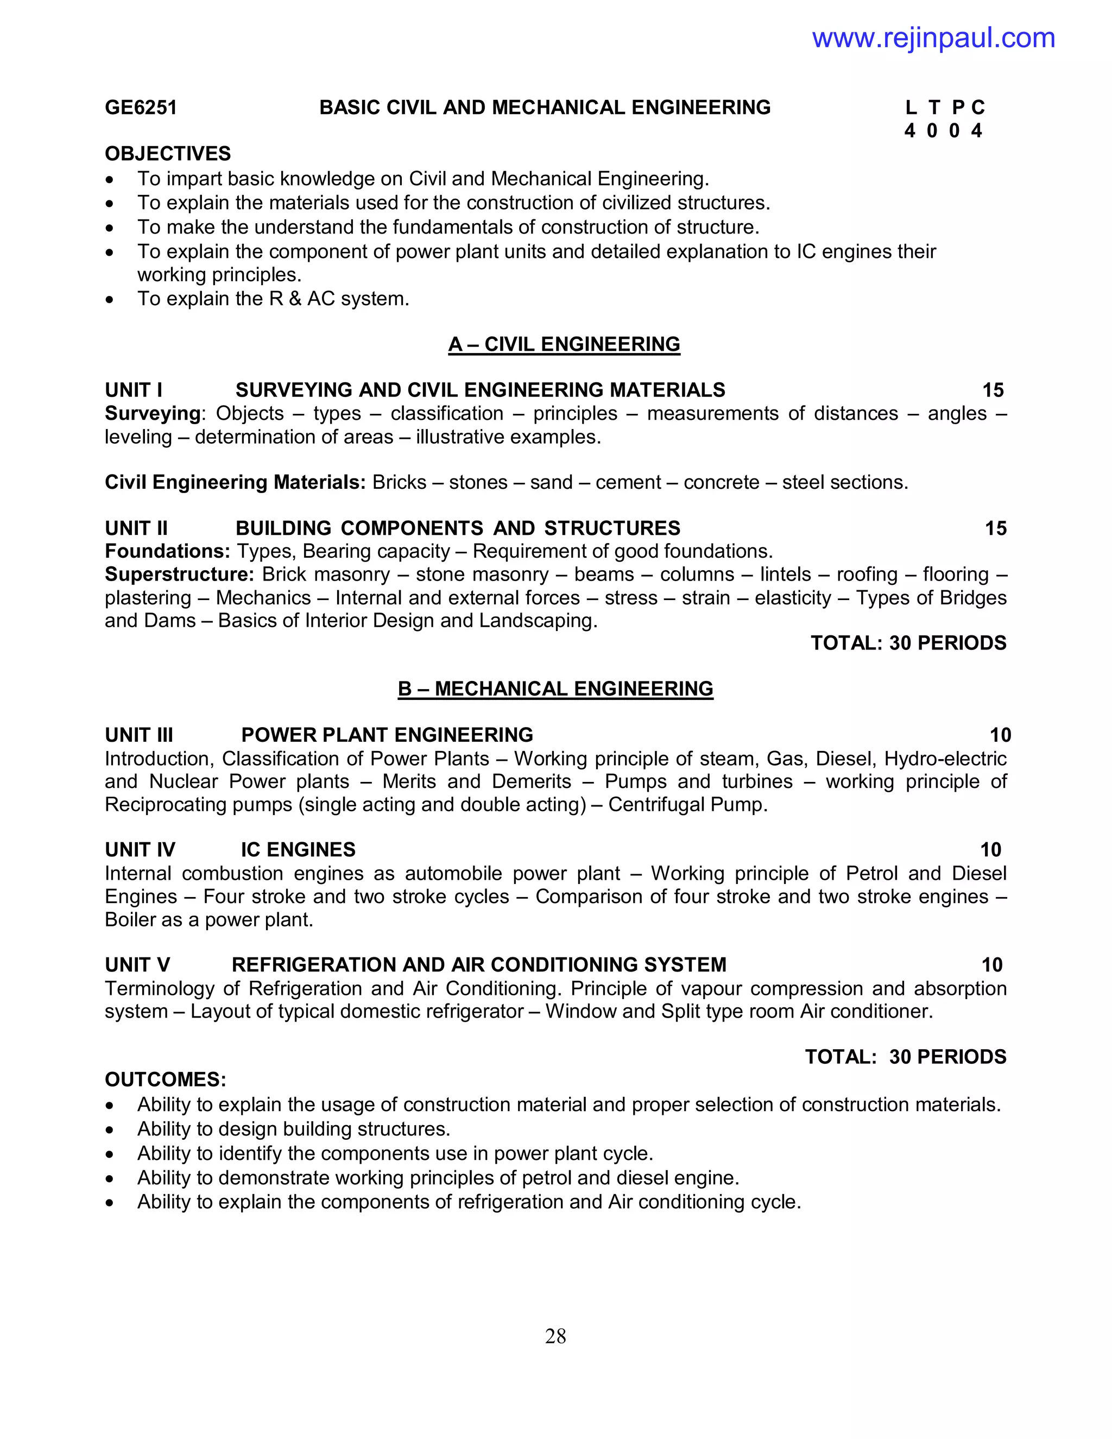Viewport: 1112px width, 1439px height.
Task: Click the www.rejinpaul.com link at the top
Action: pos(933,38)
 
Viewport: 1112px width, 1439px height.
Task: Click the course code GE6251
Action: pos(141,108)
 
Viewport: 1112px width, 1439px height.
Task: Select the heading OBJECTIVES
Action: pos(167,154)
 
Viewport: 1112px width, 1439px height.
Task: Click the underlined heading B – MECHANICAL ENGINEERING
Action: pos(555,689)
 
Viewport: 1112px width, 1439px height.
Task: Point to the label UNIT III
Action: pos(139,735)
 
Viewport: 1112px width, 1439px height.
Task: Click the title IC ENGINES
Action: pos(298,849)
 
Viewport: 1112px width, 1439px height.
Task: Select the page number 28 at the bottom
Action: pos(555,1336)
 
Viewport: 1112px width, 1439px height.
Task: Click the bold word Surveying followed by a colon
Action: pos(153,413)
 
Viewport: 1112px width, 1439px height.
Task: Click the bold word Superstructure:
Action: pos(179,574)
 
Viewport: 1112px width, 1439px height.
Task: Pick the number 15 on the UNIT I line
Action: pos(993,390)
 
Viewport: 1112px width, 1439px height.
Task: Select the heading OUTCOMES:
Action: pos(166,1080)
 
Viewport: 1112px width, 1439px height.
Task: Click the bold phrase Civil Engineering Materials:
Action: pos(235,482)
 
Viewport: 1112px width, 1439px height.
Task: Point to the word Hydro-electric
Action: pos(945,759)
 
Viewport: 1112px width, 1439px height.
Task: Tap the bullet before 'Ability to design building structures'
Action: pos(110,1131)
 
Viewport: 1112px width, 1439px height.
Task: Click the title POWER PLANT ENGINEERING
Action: pos(387,735)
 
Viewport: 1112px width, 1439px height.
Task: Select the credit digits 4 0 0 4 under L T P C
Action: pos(943,130)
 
